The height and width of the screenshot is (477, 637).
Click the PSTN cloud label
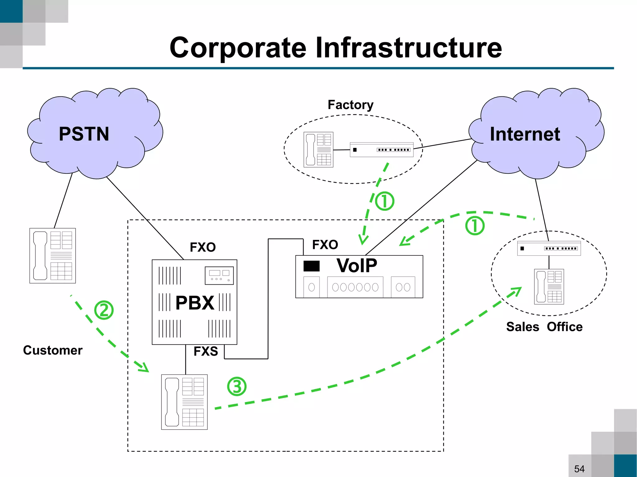(84, 134)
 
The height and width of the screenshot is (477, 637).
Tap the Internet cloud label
(525, 134)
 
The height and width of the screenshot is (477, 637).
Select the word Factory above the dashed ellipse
(351, 105)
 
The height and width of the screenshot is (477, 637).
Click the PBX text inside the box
(195, 303)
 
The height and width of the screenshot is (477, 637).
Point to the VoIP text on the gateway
(357, 266)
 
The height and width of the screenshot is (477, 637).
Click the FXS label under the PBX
(206, 351)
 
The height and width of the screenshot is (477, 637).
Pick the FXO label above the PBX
(203, 247)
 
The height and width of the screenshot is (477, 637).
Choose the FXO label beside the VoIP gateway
(325, 245)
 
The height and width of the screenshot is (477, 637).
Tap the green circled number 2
(104, 310)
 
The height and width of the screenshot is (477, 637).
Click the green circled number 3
(237, 387)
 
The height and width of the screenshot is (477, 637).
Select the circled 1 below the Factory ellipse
(384, 201)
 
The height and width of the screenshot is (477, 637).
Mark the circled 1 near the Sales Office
(475, 226)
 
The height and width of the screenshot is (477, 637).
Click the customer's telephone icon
(53, 255)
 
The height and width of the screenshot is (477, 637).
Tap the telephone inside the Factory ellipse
(318, 149)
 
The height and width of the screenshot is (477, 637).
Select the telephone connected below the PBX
(184, 402)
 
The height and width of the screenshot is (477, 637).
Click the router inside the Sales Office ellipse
(549, 248)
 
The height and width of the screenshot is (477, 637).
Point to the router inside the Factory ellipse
(381, 150)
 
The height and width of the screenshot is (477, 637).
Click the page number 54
(579, 469)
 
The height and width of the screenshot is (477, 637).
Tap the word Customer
(53, 350)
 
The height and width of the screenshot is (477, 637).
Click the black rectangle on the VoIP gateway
(311, 266)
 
